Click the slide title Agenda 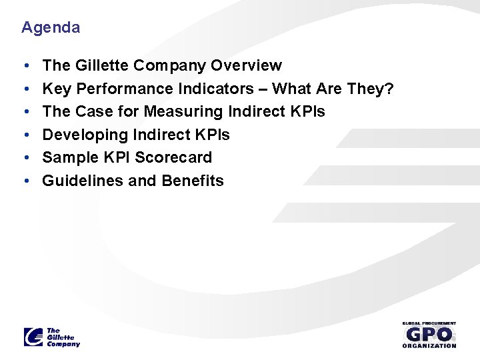click(x=51, y=28)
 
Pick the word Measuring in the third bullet click(x=177, y=111)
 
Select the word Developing click(x=85, y=135)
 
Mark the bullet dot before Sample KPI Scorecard click(x=25, y=158)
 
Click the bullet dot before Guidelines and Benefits click(x=25, y=181)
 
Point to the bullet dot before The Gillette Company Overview click(x=25, y=66)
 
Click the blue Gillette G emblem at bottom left click(x=33, y=337)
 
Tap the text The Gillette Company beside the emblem click(x=63, y=337)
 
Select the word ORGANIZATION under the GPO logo click(x=429, y=345)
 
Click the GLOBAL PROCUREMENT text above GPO click(x=429, y=323)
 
